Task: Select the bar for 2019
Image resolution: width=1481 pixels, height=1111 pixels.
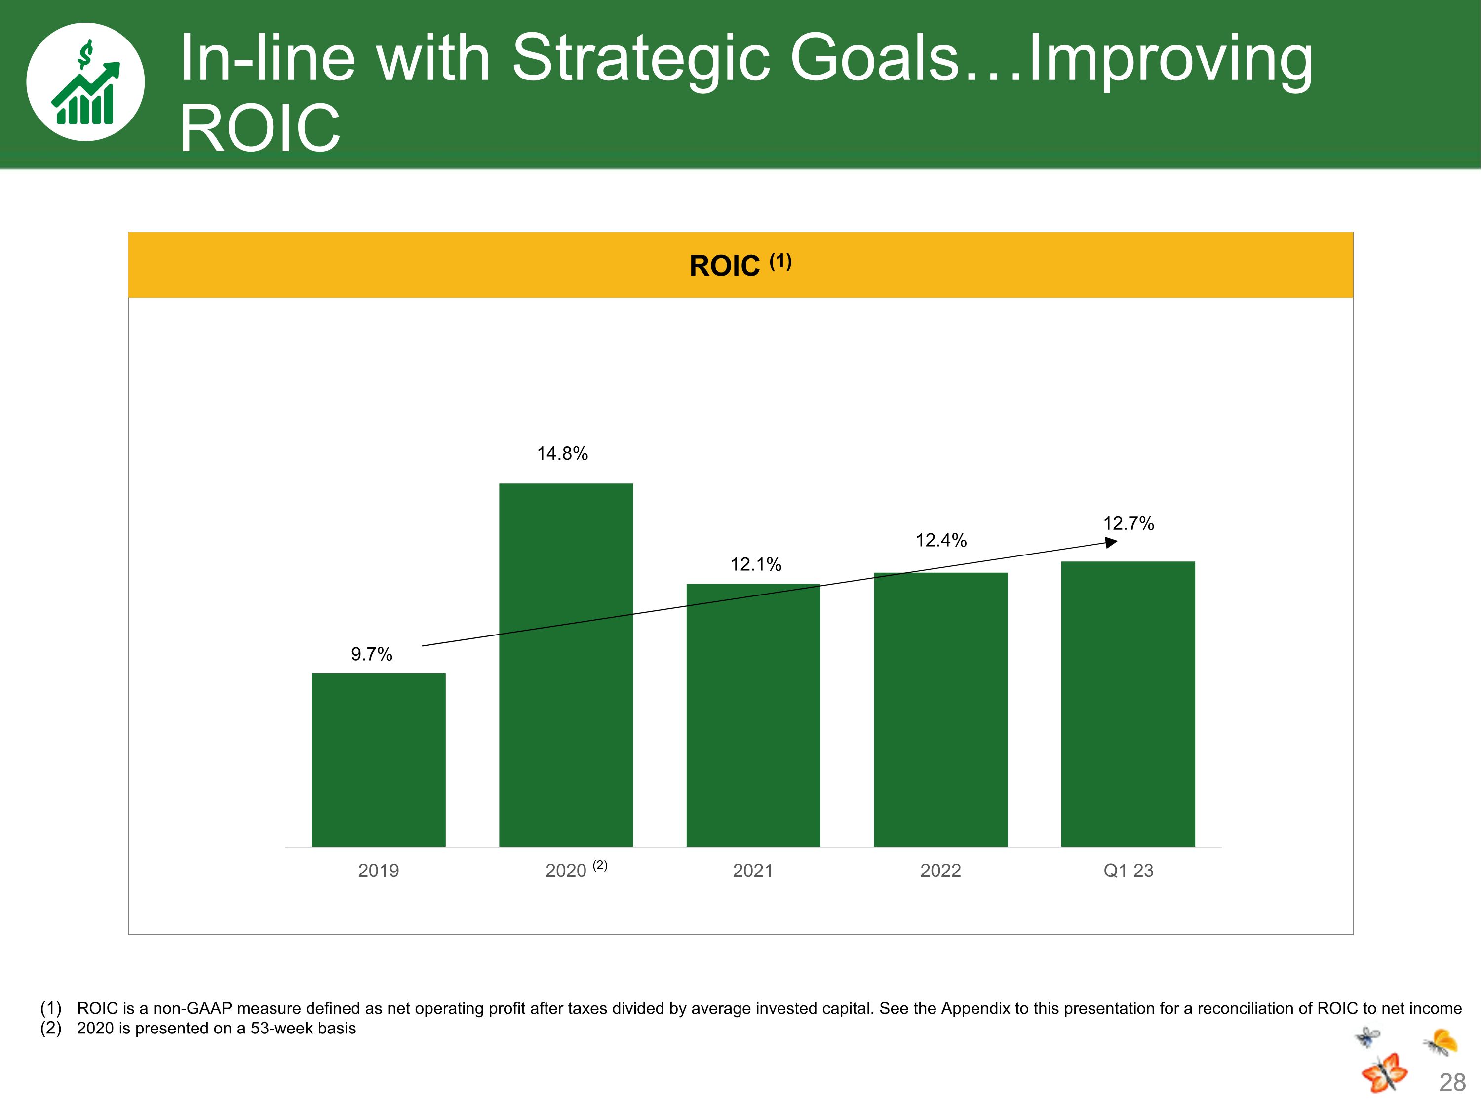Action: [x=378, y=759]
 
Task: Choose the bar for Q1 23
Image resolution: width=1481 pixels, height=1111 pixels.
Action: [x=1128, y=703]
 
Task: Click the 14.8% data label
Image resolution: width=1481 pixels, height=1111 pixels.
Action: [x=562, y=454]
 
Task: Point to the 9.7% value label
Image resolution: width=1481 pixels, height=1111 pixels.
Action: [x=372, y=654]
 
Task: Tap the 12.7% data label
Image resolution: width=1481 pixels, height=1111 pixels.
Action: [x=1129, y=524]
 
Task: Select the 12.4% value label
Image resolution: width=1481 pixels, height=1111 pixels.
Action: [x=941, y=540]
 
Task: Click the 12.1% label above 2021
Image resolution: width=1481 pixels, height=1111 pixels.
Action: [x=756, y=564]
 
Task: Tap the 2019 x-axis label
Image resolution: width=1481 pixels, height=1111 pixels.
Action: [x=378, y=871]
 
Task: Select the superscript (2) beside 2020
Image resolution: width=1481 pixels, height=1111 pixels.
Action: [x=600, y=865]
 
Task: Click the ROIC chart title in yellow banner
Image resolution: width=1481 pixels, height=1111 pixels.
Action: [x=740, y=265]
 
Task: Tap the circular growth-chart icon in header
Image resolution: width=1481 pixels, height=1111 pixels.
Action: [x=86, y=81]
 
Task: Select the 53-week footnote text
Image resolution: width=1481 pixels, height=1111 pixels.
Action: [x=216, y=1028]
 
